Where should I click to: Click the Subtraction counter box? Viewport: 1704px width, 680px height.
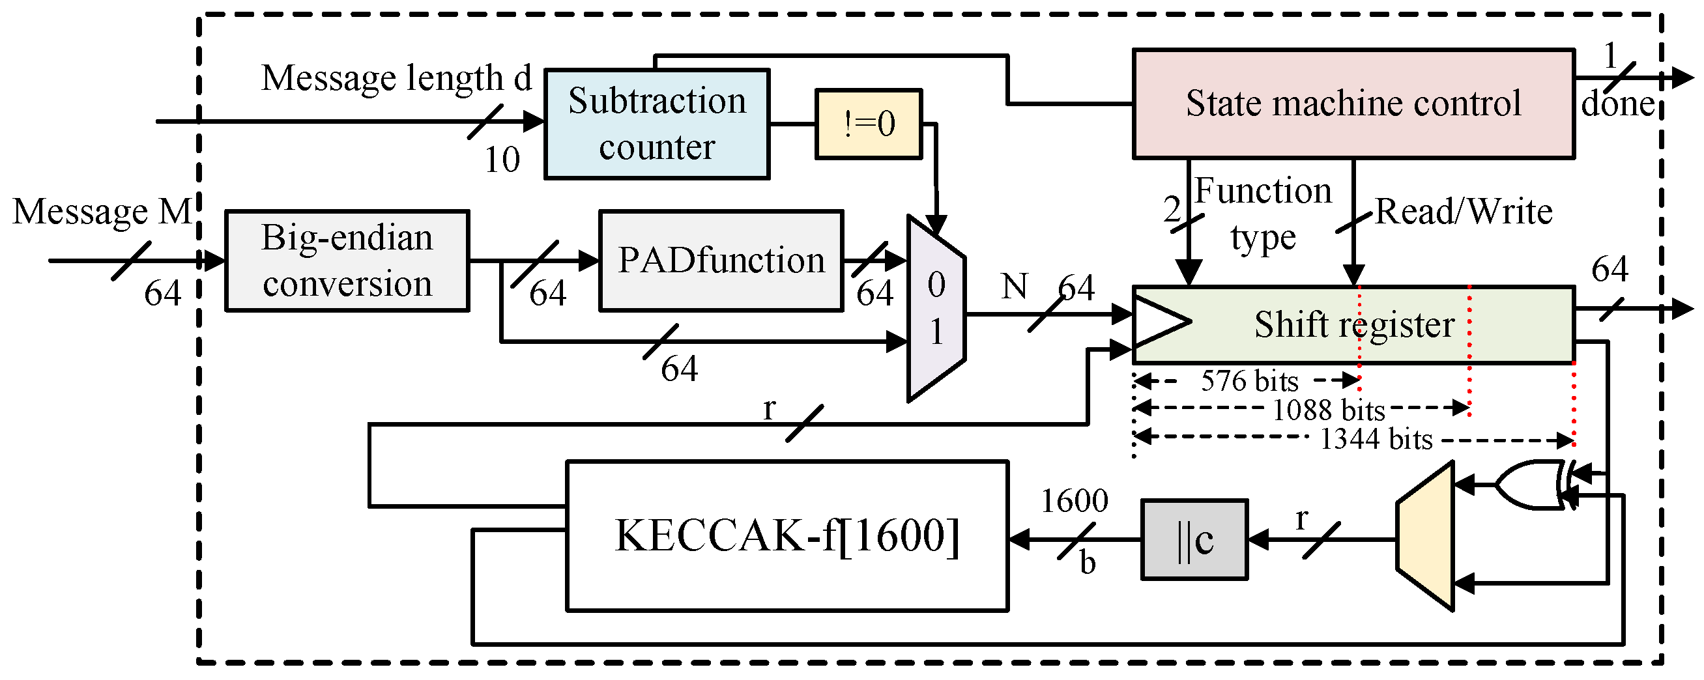656,124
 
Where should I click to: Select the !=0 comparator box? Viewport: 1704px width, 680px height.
868,124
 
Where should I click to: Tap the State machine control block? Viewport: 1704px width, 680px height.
1353,104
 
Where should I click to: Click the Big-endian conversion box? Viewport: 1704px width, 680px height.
347,261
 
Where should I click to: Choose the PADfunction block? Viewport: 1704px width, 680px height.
721,261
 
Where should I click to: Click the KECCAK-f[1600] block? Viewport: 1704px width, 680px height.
787,536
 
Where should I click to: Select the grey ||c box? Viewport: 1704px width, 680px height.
1194,540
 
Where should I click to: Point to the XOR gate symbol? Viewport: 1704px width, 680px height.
1531,485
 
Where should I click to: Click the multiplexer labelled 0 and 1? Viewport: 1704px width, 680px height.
936,308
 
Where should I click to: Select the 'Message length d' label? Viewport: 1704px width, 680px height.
396,78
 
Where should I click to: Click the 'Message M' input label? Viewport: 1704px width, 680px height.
102,212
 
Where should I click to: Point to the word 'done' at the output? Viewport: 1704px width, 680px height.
1617,104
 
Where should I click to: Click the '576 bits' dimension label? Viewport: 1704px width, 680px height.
1249,381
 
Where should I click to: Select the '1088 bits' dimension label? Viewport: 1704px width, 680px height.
1328,410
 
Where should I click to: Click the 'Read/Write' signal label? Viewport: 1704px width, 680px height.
1463,212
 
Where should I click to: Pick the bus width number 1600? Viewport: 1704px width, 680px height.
1075,501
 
